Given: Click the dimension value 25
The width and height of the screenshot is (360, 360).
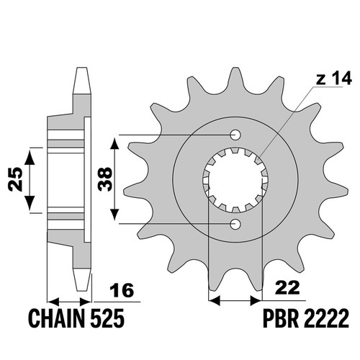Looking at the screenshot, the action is pos(15,179).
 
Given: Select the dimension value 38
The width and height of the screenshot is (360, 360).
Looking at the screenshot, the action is pos(105,179).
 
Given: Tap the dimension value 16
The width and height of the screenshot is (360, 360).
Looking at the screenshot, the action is pos(122,290).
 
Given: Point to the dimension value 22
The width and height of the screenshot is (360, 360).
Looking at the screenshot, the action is pos(288,287).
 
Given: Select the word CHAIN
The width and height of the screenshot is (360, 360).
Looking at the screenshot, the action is pos(57,318).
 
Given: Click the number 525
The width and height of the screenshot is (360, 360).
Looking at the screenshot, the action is pos(107,318).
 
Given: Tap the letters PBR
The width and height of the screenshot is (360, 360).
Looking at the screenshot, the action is pos(281,318).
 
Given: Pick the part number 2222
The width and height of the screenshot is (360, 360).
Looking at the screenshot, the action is pos(326,318).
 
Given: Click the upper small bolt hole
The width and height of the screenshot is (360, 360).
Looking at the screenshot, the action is pos(235,135).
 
